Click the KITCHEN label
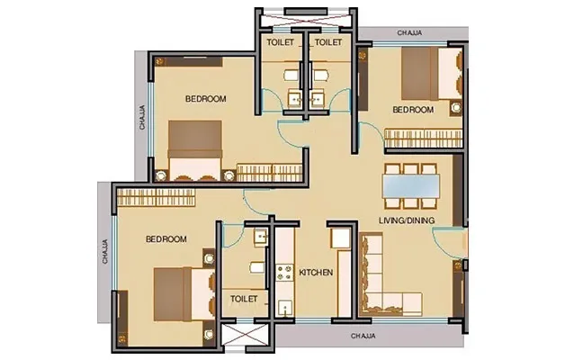(317, 272)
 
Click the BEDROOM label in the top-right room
(413, 110)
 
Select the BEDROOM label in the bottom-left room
(166, 239)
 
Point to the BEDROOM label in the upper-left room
(205, 98)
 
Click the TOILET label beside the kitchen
(245, 298)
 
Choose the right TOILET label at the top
(327, 42)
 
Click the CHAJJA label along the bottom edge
(364, 335)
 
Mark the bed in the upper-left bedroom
(194, 148)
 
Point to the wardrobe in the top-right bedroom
(424, 137)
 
